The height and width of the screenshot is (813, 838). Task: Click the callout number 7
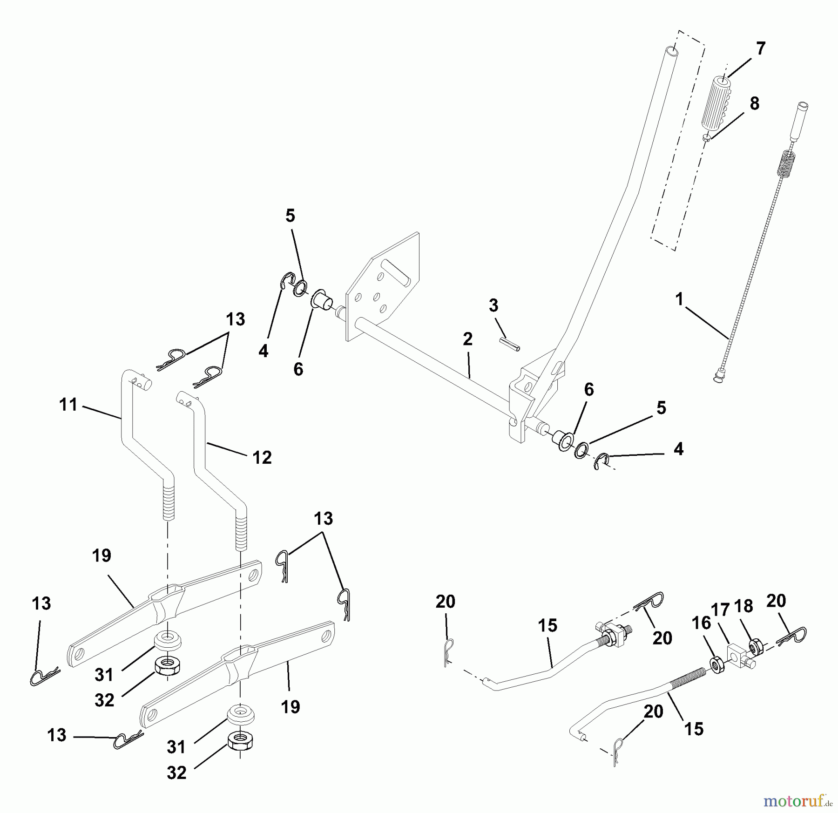[x=761, y=48]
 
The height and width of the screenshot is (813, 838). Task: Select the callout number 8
[x=755, y=103]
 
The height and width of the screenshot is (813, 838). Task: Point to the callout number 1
[x=679, y=299]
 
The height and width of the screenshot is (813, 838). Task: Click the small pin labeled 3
[x=510, y=345]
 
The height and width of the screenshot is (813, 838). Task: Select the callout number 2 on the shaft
[x=468, y=339]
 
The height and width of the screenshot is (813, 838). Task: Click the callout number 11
[x=69, y=405]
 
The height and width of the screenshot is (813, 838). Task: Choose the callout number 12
[x=262, y=457]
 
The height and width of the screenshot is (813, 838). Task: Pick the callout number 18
[x=743, y=606]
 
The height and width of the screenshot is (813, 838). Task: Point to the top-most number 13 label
[x=236, y=319]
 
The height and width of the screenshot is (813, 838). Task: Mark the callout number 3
[x=493, y=305]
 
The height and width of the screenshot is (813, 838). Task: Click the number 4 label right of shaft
[x=678, y=449]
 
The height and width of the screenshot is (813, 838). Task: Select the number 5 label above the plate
[x=290, y=216]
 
